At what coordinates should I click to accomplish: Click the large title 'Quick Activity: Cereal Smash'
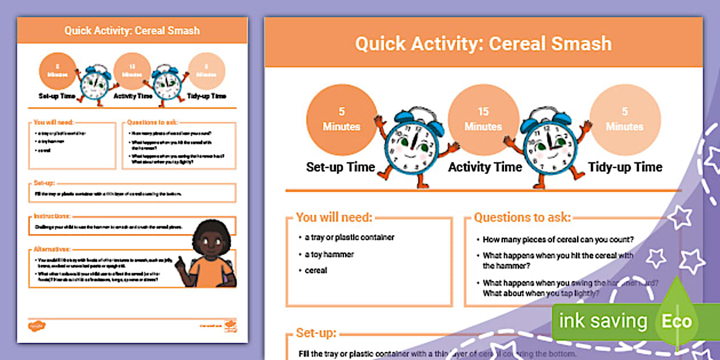tap(483, 44)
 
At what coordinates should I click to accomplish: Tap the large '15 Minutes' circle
tap(483, 119)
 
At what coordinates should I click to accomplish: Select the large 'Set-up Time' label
tap(341, 167)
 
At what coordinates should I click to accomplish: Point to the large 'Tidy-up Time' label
tap(625, 167)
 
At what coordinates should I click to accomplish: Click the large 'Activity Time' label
tap(485, 167)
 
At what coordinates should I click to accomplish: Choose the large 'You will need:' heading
tap(334, 217)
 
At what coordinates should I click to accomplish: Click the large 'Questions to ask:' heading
tap(522, 217)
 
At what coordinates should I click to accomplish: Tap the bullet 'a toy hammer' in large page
tap(329, 254)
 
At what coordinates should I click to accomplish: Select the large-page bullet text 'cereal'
tap(316, 270)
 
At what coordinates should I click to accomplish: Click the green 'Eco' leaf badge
tap(677, 321)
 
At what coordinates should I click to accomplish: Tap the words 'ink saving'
tap(603, 321)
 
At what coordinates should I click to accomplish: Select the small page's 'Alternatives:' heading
tap(52, 249)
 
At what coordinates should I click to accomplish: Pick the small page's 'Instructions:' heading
tap(52, 216)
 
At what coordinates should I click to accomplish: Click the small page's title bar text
tap(131, 30)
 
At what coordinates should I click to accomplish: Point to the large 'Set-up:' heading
tap(316, 333)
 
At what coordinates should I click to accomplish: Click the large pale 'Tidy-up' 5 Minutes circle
tap(625, 119)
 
